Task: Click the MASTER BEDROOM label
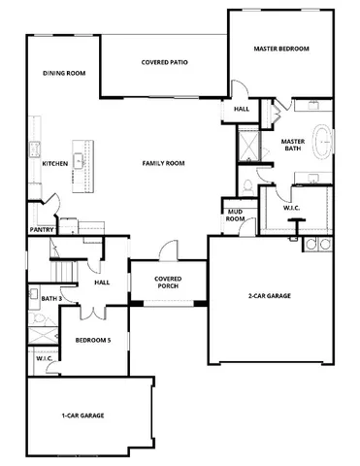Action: [280, 48]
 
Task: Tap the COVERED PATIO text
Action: [165, 62]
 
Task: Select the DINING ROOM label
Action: [65, 73]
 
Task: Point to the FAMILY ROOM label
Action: [163, 164]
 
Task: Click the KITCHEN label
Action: [54, 164]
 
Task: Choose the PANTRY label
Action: [41, 230]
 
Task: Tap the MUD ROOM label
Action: [235, 215]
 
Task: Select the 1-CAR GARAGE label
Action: [82, 416]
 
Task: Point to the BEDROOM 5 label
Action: [94, 339]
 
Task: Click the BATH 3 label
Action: [39, 297]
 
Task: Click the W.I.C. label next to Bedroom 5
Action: [44, 358]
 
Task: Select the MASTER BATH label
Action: [293, 146]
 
